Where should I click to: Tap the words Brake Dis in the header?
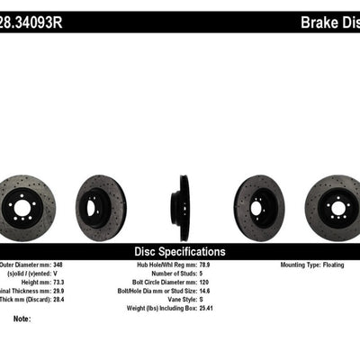click(326, 19)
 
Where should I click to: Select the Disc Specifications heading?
click(180, 252)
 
